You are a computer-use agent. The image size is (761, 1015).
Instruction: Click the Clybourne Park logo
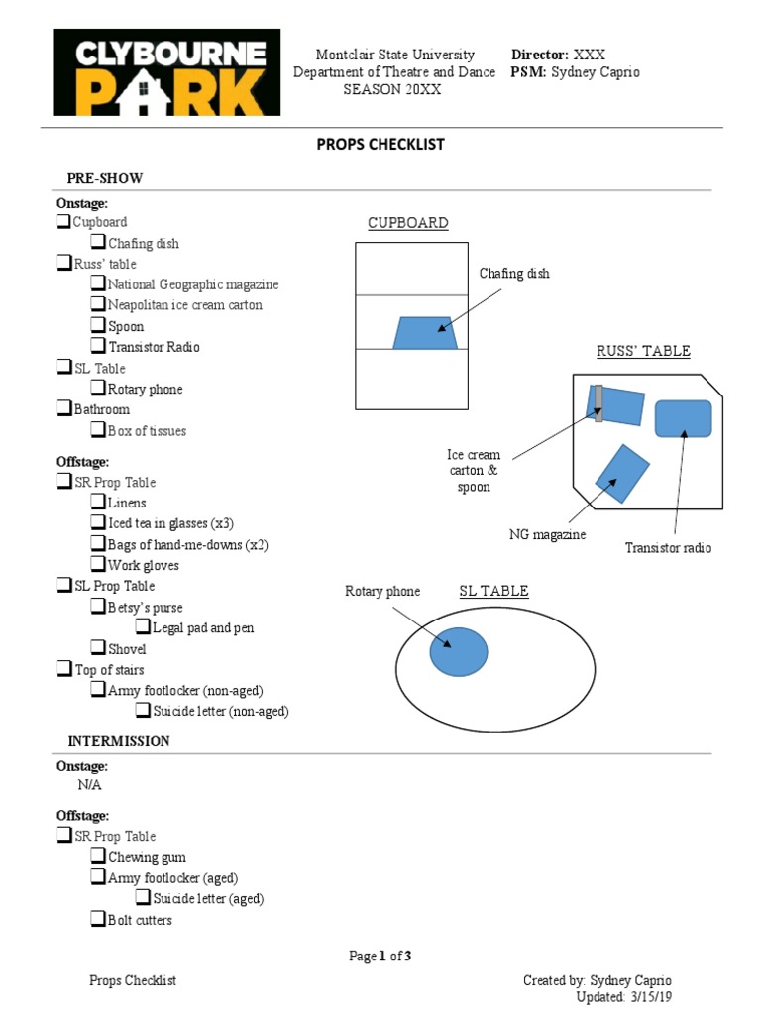tap(160, 72)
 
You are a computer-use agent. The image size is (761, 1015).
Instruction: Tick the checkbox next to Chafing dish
tap(98, 243)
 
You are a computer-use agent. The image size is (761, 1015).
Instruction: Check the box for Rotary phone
tap(98, 389)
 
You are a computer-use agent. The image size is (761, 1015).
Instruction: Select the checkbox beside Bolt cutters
tap(98, 920)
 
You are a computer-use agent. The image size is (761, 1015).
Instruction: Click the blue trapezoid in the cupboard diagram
tap(425, 333)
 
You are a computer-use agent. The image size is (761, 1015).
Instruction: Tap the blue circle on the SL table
tap(458, 651)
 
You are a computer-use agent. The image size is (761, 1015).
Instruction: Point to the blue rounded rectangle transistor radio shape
tap(683, 418)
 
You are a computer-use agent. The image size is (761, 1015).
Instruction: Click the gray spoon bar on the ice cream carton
tap(598, 403)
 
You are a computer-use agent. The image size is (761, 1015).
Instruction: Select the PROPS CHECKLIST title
tap(380, 145)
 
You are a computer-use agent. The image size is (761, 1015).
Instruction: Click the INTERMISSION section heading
tap(118, 741)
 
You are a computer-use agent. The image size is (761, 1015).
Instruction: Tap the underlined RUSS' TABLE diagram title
tap(643, 352)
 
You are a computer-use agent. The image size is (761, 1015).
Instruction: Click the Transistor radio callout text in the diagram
tap(668, 548)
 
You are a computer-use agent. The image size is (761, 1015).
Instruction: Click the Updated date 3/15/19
tap(651, 997)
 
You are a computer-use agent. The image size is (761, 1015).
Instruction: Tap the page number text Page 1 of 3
tap(380, 957)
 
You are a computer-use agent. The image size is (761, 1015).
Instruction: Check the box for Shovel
tap(98, 649)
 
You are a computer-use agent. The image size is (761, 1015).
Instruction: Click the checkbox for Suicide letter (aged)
tap(144, 899)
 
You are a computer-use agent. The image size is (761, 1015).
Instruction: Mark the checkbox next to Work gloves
tap(98, 565)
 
